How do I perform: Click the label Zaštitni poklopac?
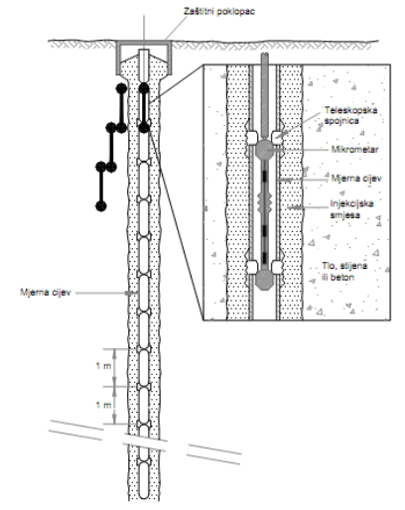click(x=219, y=11)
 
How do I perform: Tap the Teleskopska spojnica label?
click(x=350, y=115)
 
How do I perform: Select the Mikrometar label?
click(x=355, y=149)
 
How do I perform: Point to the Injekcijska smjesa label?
click(x=351, y=209)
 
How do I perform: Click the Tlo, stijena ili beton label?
click(x=344, y=272)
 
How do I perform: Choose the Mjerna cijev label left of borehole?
click(x=46, y=293)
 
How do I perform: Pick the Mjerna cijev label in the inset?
click(x=356, y=179)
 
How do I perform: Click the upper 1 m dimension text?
click(x=103, y=366)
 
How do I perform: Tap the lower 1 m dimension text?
click(x=103, y=405)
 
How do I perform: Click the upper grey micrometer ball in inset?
click(x=264, y=149)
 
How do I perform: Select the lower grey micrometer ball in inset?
click(x=264, y=279)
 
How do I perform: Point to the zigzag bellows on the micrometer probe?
click(x=264, y=201)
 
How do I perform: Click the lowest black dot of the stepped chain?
click(x=101, y=206)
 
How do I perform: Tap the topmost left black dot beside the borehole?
click(x=121, y=88)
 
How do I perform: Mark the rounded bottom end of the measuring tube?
click(x=144, y=493)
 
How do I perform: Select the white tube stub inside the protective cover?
click(x=144, y=65)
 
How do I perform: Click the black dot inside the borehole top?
click(x=144, y=88)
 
